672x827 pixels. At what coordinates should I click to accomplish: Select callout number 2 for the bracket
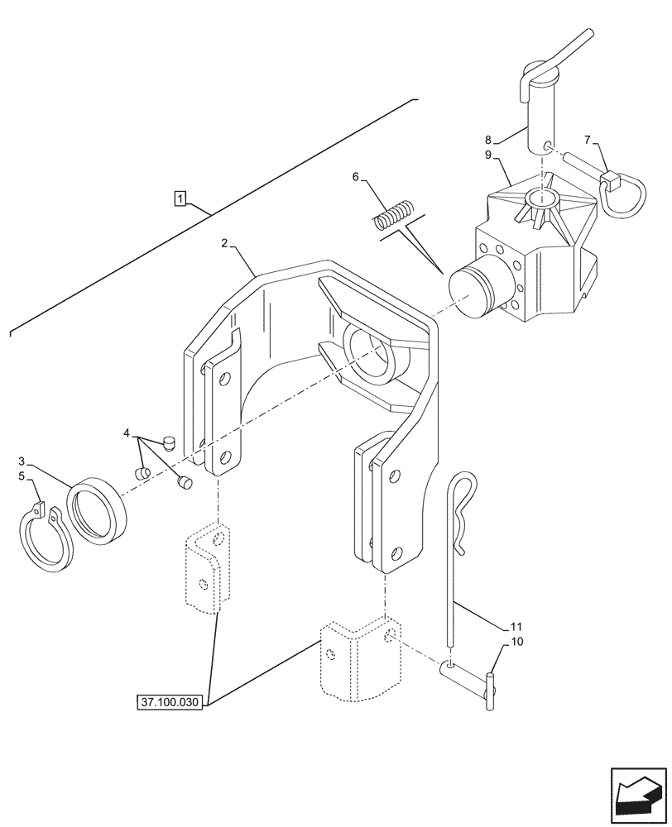[225, 243]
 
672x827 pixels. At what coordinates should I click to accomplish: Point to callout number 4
[127, 433]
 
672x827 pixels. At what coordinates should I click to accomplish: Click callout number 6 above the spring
[356, 176]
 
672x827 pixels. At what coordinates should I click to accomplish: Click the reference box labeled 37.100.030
[171, 702]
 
